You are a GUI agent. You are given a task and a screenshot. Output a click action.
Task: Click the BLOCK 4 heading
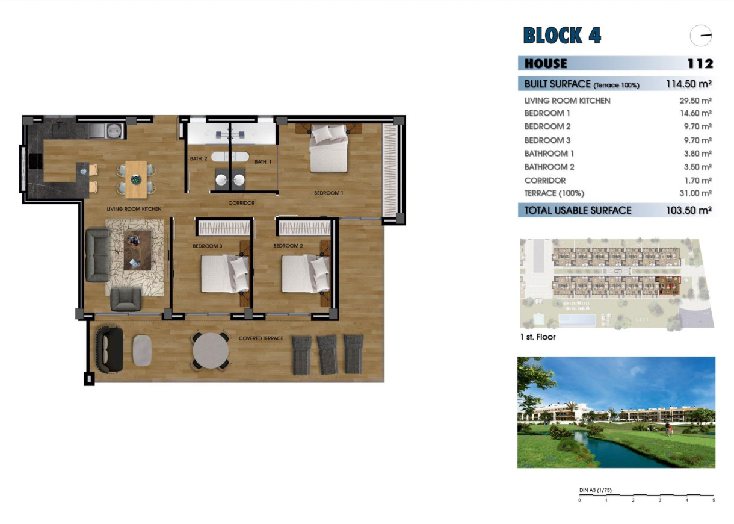click(x=562, y=35)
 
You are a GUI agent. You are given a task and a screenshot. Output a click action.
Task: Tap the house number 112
click(x=700, y=64)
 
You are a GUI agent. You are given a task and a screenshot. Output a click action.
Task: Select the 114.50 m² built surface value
click(x=689, y=84)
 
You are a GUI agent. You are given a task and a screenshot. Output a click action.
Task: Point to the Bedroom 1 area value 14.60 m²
click(x=695, y=113)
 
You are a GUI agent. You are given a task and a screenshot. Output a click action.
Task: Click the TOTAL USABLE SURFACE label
click(x=578, y=210)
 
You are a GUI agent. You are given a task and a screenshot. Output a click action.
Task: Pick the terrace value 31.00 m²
click(x=695, y=193)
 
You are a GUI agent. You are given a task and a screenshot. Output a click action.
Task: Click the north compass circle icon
click(x=701, y=36)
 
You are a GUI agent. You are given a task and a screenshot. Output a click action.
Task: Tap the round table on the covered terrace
click(x=210, y=350)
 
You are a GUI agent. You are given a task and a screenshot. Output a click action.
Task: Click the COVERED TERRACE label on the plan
click(x=261, y=338)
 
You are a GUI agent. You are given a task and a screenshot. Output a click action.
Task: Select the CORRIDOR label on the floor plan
click(x=241, y=203)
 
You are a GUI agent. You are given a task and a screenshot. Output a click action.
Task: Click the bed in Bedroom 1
click(x=328, y=149)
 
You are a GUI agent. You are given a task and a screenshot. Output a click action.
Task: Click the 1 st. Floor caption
click(x=538, y=337)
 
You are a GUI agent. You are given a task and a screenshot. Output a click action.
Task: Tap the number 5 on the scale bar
click(x=713, y=501)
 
